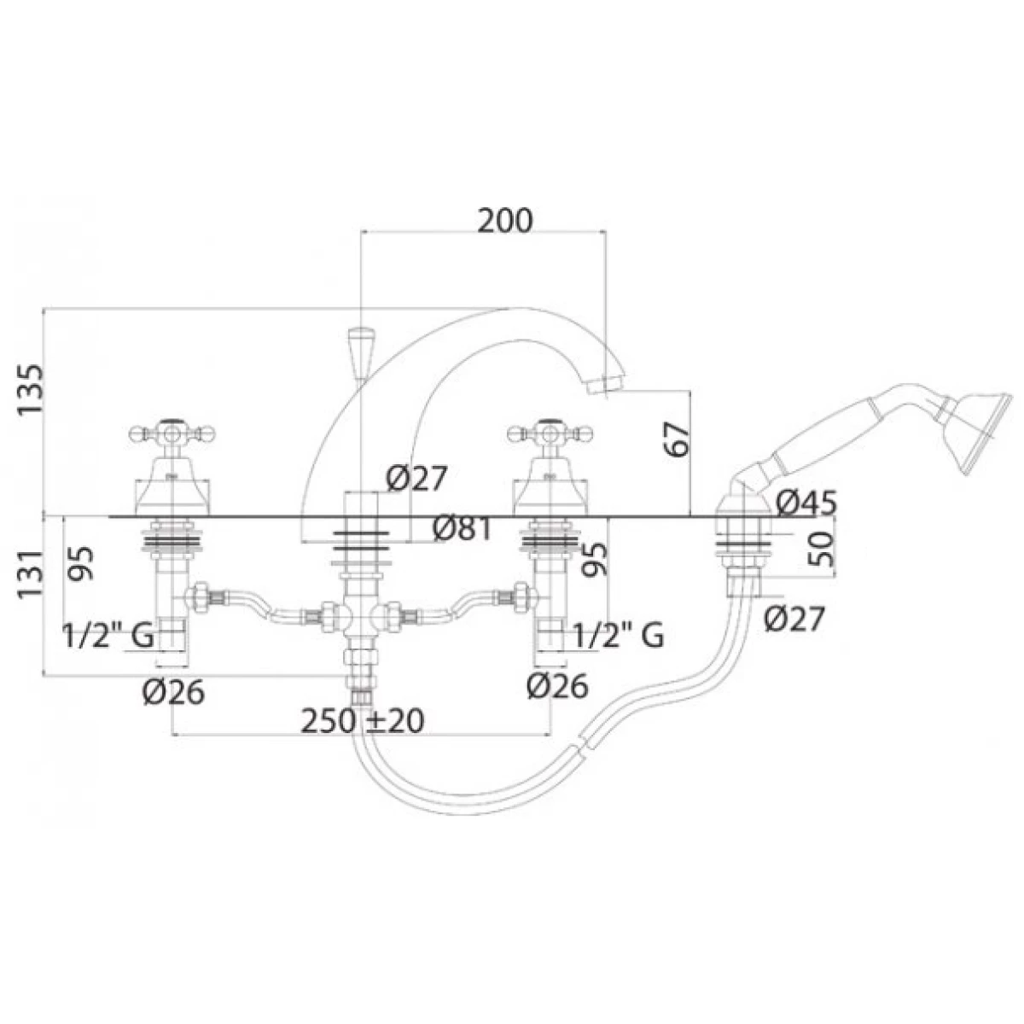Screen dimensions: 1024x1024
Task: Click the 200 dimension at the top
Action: pos(503,220)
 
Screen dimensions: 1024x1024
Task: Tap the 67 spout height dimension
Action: pos(677,439)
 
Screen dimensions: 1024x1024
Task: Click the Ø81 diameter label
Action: pos(463,529)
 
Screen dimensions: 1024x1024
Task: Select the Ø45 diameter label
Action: pos(806,502)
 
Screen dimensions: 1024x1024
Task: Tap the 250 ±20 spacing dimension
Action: pos(363,721)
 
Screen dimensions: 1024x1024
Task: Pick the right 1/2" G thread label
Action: pos(618,635)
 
